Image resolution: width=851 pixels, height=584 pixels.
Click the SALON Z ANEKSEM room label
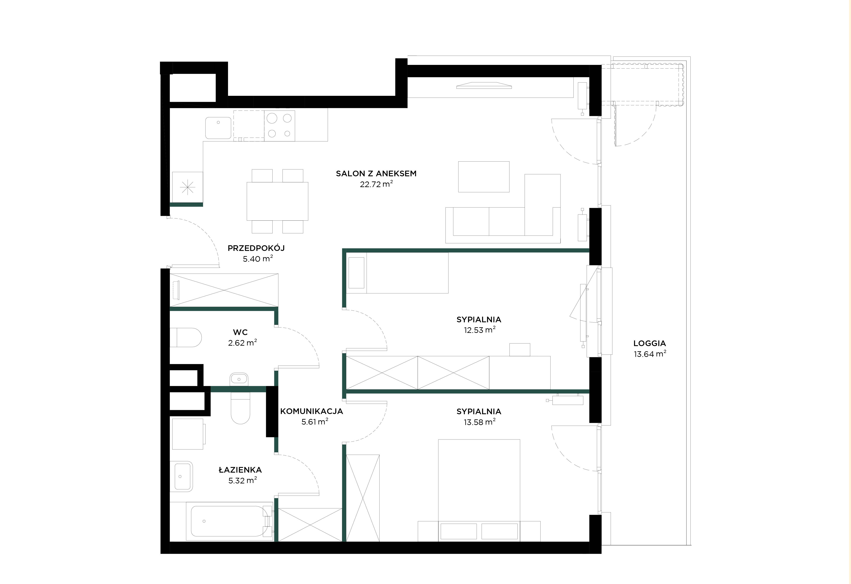click(376, 174)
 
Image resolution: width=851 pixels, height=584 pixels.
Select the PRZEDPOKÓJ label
click(256, 248)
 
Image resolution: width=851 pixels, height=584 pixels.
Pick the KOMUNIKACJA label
click(312, 411)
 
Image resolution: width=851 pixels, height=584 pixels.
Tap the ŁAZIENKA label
click(240, 470)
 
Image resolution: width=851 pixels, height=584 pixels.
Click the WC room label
click(240, 332)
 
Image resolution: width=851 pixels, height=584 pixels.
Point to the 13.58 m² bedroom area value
click(480, 422)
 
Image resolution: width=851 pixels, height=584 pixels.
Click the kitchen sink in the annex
click(218, 128)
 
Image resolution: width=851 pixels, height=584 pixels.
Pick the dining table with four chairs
click(277, 201)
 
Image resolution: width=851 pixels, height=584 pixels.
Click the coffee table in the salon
click(484, 176)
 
